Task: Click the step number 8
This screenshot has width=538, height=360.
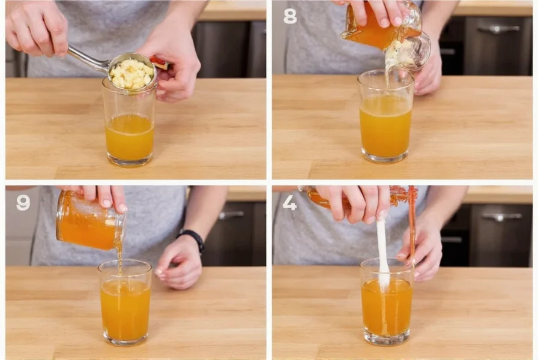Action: pos(290,16)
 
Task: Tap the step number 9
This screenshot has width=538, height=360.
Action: pos(23,203)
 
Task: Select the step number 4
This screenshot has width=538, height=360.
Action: pos(289,203)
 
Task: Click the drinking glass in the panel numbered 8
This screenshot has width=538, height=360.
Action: pos(385,120)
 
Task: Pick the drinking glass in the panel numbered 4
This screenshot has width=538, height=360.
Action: pos(387,303)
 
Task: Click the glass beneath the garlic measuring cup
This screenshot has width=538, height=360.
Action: pos(129,126)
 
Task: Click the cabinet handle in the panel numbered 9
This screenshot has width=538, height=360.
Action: pos(231,214)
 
